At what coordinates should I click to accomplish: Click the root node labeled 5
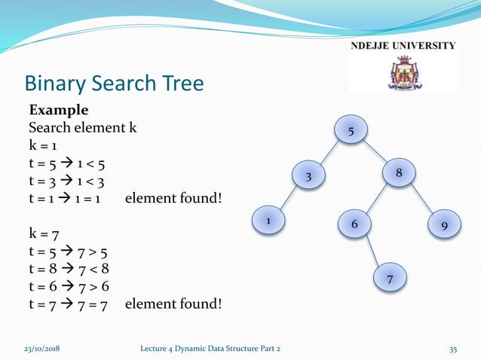click(x=351, y=132)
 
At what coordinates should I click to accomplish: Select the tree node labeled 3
click(x=308, y=177)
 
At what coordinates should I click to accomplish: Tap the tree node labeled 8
click(x=399, y=172)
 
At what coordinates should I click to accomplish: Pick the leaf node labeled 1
click(x=267, y=221)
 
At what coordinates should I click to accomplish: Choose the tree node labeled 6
click(x=353, y=224)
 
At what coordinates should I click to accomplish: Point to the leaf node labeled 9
click(x=445, y=224)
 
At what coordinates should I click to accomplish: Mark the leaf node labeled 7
click(x=390, y=279)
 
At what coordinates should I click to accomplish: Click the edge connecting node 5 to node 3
click(x=329, y=154)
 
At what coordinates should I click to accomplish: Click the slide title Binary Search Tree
click(x=114, y=83)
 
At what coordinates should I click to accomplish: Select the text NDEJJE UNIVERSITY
click(x=403, y=45)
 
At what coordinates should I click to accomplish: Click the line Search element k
click(x=82, y=128)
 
